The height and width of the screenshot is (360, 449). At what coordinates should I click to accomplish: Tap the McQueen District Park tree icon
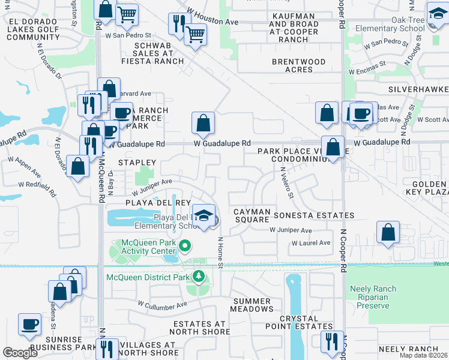(x=197, y=277)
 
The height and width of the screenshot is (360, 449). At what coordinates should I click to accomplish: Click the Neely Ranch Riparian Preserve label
(x=373, y=297)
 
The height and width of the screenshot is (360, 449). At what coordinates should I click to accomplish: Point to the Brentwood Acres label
(x=299, y=65)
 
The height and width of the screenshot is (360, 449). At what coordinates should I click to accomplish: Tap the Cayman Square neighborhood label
(x=252, y=216)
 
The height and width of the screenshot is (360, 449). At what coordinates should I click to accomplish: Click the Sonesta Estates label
(x=313, y=215)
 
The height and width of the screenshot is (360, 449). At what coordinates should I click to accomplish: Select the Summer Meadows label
(x=252, y=305)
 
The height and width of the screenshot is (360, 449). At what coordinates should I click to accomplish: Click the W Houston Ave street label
(x=212, y=17)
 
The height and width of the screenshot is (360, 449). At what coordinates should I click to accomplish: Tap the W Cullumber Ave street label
(x=163, y=305)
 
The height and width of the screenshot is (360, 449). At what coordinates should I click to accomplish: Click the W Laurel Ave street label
(x=311, y=243)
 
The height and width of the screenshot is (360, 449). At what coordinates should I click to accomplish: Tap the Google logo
(x=20, y=352)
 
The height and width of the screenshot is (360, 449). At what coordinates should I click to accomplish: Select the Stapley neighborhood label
(x=137, y=163)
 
